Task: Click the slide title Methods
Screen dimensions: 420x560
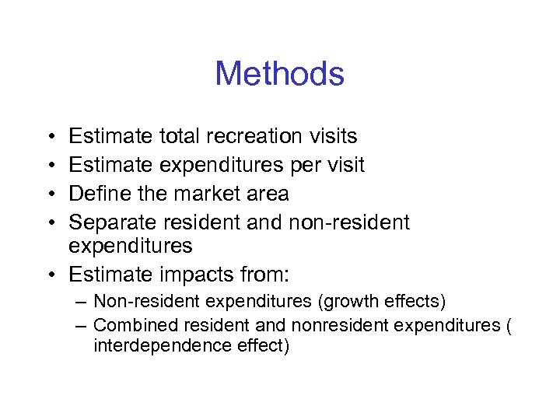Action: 279,74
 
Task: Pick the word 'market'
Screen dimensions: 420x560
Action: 213,192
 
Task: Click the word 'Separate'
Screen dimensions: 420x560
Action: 113,222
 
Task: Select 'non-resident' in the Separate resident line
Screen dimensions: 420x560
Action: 348,222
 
